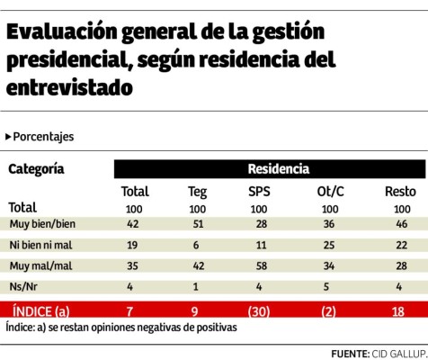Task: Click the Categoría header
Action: [x=36, y=168]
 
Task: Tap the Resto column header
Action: [x=400, y=191]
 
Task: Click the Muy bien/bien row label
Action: [x=40, y=223]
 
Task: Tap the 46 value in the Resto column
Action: [x=400, y=223]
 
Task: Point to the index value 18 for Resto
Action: [x=400, y=310]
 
